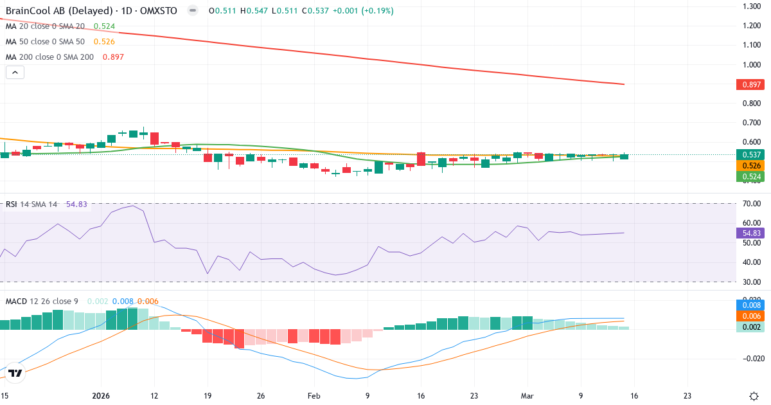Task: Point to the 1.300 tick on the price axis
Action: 751,6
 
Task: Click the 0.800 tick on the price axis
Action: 751,104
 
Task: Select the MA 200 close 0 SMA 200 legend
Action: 49,57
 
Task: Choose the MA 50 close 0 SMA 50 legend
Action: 46,42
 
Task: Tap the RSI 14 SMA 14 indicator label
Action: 31,204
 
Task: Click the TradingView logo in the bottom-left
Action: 15,373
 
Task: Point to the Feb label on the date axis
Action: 313,395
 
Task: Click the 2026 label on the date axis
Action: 102,395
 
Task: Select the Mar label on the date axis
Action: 527,395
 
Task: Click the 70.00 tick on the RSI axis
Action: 751,204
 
